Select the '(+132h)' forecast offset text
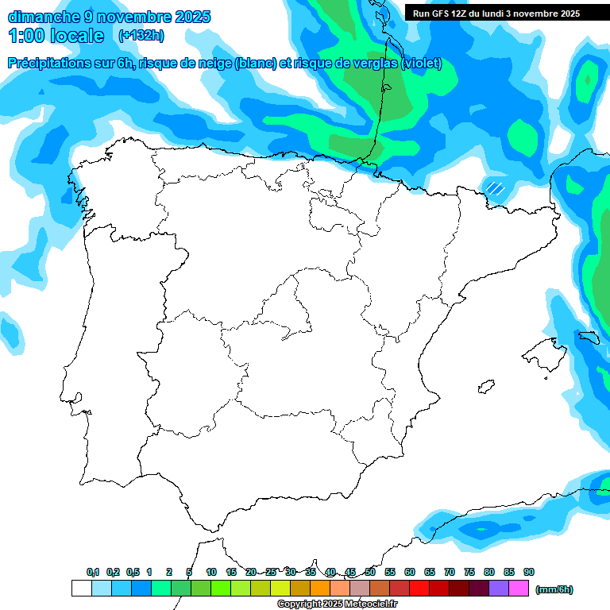pyautogui.click(x=141, y=35)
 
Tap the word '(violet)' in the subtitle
pyautogui.click(x=422, y=64)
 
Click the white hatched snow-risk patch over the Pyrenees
pyautogui.click(x=496, y=188)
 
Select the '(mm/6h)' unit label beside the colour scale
pyautogui.click(x=554, y=589)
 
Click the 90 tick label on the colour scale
pyautogui.click(x=529, y=572)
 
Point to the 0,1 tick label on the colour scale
pyautogui.click(x=92, y=572)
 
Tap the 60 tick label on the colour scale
pyautogui.click(x=410, y=572)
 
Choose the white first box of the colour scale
pyautogui.click(x=81, y=589)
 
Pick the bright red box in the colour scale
pyautogui.click(x=419, y=589)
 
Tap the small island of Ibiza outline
pyautogui.click(x=485, y=388)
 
